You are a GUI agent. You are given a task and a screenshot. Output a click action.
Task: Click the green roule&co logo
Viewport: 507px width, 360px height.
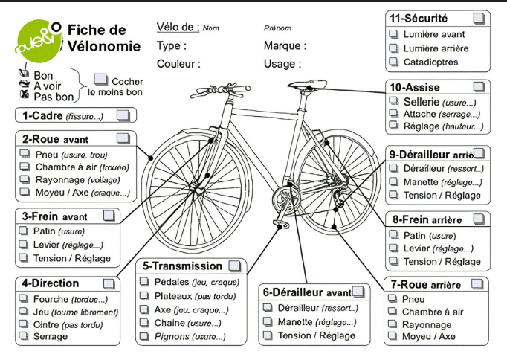coord(39,41)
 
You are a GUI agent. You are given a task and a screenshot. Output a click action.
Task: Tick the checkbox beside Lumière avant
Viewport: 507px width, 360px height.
coord(393,34)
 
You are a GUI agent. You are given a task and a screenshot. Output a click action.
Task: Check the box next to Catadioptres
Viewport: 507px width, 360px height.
coord(393,62)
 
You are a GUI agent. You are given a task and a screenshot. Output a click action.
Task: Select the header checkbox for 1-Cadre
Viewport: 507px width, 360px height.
coord(123,115)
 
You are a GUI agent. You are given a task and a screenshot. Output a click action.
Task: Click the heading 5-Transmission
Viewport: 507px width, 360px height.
coord(182,266)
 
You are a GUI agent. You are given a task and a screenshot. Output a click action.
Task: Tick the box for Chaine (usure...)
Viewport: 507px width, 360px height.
coord(144,323)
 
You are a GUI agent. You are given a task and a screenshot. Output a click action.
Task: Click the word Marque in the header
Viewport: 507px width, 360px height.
coord(282,45)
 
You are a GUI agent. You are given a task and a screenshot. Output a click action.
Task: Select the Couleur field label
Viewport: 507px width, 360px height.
coord(176,64)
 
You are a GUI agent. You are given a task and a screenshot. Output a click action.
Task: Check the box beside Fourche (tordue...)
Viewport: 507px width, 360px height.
coord(24,298)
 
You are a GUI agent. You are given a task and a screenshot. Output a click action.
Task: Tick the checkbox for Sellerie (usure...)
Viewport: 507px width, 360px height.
coord(394,101)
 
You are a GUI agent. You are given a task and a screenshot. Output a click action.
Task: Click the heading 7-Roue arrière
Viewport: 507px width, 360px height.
coord(426,285)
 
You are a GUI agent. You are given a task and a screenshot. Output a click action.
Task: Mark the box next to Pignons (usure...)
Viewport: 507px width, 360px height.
coord(144,336)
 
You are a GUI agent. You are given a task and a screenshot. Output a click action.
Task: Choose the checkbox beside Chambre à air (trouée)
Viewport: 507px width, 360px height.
coord(25,167)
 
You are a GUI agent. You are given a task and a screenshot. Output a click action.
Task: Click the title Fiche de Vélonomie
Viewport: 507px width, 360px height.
coord(104,38)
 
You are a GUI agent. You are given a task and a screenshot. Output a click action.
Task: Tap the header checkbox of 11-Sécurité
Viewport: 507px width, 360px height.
coord(479,18)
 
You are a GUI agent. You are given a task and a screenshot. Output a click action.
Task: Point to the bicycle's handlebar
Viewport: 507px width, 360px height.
coord(220,90)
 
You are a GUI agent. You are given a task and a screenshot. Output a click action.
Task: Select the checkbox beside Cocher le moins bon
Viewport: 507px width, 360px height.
coord(100,80)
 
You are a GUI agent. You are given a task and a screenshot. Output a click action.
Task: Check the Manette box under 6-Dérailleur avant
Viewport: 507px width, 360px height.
coord(268,321)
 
